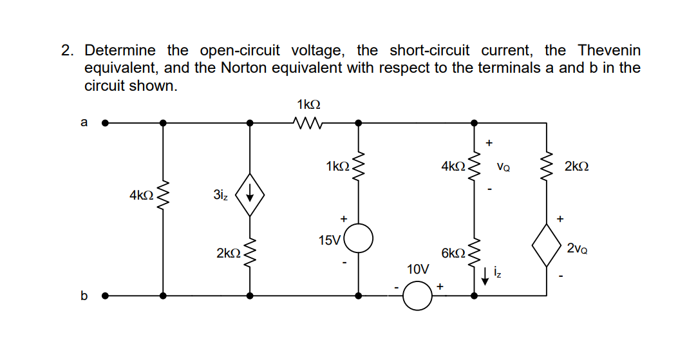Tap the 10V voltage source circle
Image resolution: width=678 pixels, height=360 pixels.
[417, 296]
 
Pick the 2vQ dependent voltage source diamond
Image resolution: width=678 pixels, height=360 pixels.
[547, 245]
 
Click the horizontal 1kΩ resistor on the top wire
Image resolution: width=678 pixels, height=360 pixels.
[308, 122]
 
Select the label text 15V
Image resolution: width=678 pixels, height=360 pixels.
[330, 240]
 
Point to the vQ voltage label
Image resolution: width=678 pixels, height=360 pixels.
[504, 167]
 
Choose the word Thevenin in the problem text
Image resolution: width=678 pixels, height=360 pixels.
[609, 50]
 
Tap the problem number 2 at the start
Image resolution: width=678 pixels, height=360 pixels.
[68, 50]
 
